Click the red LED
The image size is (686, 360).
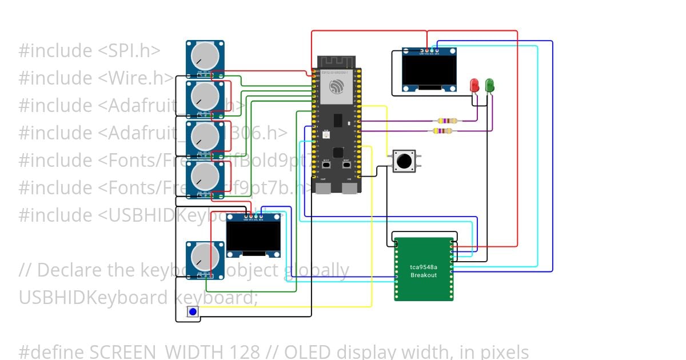474,86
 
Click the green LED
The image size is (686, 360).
490,86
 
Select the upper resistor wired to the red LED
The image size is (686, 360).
447,121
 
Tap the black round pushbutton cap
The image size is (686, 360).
404,161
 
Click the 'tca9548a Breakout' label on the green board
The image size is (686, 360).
424,271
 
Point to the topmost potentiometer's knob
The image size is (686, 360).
204,55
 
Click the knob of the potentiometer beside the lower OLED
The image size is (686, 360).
204,256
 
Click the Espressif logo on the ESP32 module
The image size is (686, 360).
336,87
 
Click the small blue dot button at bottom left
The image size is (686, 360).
193,312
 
